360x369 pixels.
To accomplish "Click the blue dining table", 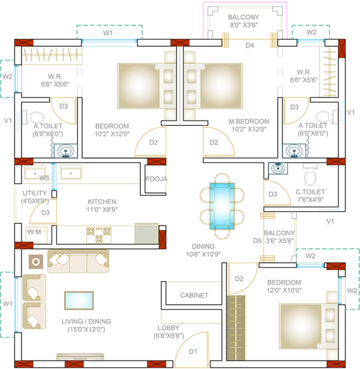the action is click(x=222, y=206).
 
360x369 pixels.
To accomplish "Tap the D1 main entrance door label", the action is click(x=193, y=351).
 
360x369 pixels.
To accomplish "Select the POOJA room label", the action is click(x=157, y=179).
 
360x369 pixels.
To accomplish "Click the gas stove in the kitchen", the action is click(x=98, y=235).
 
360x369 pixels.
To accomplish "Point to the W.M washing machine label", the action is click(x=34, y=232).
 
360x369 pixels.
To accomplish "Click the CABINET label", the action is click(x=194, y=295).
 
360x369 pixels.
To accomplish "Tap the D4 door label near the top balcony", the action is click(x=250, y=45).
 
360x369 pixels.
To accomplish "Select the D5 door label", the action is click(x=257, y=241).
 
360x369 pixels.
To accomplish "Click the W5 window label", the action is click(x=44, y=177).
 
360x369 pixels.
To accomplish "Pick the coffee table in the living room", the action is click(x=79, y=301).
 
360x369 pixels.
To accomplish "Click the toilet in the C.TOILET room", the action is click(x=310, y=174).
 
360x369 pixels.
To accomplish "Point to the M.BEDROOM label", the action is click(x=249, y=122).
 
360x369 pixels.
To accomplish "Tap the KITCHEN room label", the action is click(x=102, y=201).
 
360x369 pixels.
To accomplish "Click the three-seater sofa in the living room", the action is click(x=78, y=261).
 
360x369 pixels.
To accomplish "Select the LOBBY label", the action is click(x=168, y=328).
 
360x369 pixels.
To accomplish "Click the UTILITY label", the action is click(x=35, y=193).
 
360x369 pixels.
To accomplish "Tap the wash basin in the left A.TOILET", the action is click(x=66, y=151).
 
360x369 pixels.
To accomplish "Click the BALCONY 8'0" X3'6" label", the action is click(x=244, y=21).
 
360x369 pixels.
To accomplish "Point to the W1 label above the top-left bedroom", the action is click(x=108, y=33).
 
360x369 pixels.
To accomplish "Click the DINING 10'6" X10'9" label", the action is click(x=203, y=250).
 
